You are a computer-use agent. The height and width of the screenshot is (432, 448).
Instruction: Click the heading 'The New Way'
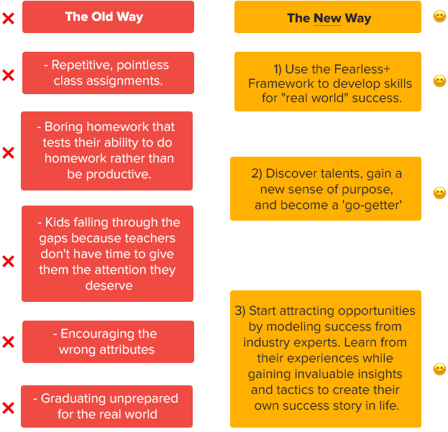tap(329, 18)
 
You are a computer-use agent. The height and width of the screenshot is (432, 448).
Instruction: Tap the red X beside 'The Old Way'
tap(8, 18)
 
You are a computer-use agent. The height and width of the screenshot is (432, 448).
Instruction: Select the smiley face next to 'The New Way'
tap(439, 16)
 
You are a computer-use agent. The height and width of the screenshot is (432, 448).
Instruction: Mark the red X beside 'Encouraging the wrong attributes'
tap(8, 341)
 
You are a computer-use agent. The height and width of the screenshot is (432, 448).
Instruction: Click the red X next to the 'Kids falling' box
tap(8, 262)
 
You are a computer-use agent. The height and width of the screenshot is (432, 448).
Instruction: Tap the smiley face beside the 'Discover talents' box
tap(439, 193)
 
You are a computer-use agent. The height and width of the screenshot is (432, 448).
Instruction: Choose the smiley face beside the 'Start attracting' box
tap(439, 369)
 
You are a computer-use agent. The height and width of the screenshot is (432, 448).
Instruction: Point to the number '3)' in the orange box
tap(241, 311)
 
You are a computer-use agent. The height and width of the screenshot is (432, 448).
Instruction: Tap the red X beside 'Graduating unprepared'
tap(8, 408)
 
